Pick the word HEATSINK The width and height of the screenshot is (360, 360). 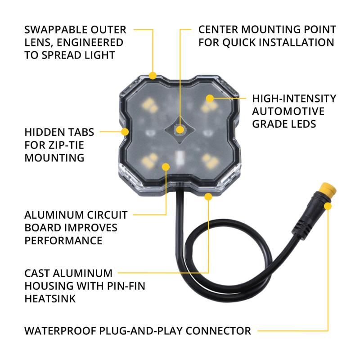tap(49, 298)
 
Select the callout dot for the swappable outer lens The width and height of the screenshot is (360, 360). tap(153, 76)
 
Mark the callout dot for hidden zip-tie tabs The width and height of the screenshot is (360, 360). tap(125, 132)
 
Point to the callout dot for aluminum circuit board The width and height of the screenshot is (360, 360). tap(165, 166)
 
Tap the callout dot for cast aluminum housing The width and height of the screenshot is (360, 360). tap(208, 197)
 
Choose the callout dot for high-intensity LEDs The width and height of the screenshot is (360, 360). tap(209, 98)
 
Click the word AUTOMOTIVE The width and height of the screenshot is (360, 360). tap(288, 111)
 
